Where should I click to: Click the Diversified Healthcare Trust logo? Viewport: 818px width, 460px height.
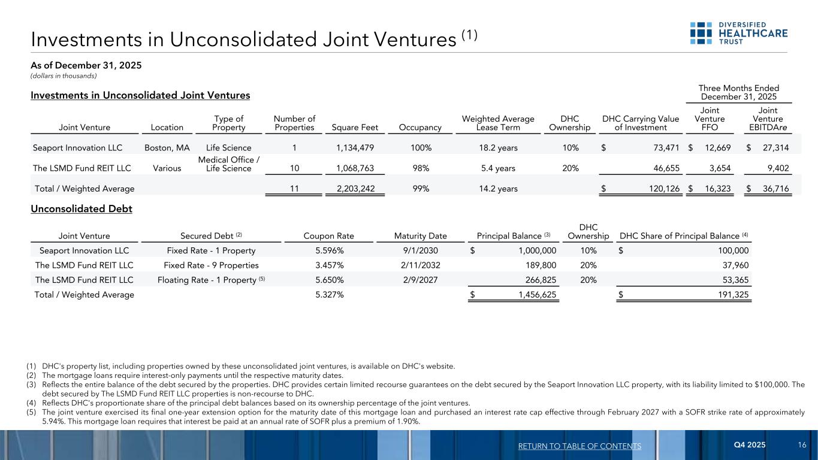pyautogui.click(x=738, y=33)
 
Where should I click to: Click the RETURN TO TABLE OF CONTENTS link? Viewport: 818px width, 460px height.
pyautogui.click(x=581, y=446)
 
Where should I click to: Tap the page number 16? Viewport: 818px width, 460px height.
pyautogui.click(x=802, y=445)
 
